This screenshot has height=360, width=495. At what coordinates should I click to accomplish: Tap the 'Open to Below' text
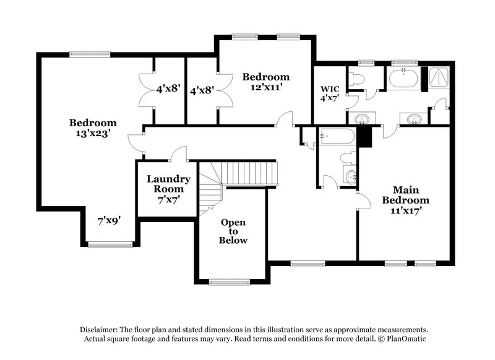point(233,231)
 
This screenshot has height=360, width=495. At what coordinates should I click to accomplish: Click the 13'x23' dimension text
point(92,132)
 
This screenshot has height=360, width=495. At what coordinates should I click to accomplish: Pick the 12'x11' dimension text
point(265,87)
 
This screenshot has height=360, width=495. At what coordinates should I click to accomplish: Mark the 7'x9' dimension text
point(108,220)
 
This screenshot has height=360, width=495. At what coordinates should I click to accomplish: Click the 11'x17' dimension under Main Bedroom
point(405,210)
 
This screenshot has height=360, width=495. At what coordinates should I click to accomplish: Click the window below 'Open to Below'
point(229,282)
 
